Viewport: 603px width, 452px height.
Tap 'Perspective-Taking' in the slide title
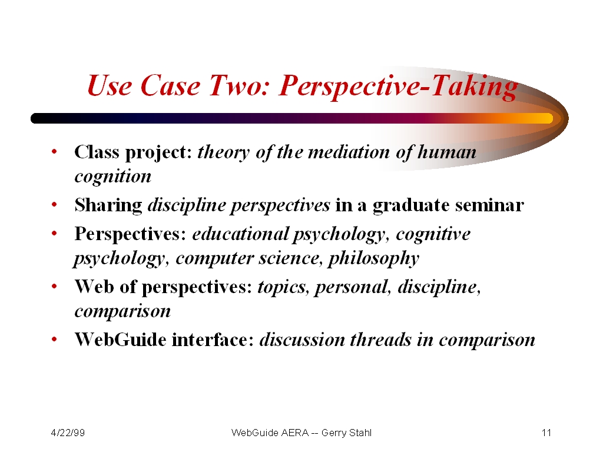tap(399, 87)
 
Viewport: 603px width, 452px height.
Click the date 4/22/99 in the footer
tap(68, 433)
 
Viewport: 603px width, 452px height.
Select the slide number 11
tap(546, 433)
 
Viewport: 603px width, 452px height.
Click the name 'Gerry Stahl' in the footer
tap(346, 433)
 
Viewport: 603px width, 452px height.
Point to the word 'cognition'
tap(112, 177)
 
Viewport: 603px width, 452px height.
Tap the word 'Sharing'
tap(108, 205)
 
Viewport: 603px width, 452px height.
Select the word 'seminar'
tap(489, 205)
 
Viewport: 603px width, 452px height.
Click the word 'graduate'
tap(411, 205)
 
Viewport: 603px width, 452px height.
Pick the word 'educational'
tap(240, 234)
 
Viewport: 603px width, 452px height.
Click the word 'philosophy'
tap(373, 258)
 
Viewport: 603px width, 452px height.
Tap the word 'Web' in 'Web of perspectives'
tap(94, 287)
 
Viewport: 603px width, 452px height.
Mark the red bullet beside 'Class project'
tap(54, 151)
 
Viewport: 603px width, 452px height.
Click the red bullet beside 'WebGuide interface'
tap(54, 339)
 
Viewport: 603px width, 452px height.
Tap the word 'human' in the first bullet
tap(447, 152)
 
